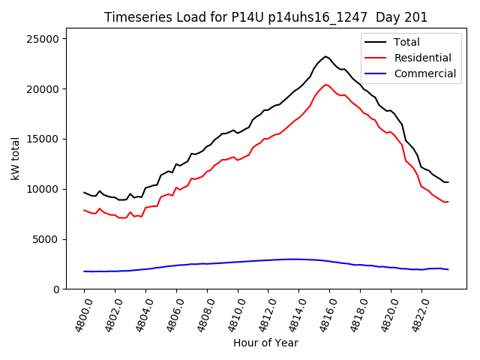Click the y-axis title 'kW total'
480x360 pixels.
[15, 163]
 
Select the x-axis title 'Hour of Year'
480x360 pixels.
[265, 343]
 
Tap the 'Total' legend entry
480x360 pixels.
[406, 43]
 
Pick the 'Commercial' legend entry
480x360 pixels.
[424, 73]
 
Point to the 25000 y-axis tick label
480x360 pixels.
[46, 39]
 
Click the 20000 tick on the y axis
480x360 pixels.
[46, 89]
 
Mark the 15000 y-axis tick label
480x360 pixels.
[46, 139]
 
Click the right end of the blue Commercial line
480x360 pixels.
[448, 269]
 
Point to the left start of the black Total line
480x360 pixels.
[84, 193]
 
